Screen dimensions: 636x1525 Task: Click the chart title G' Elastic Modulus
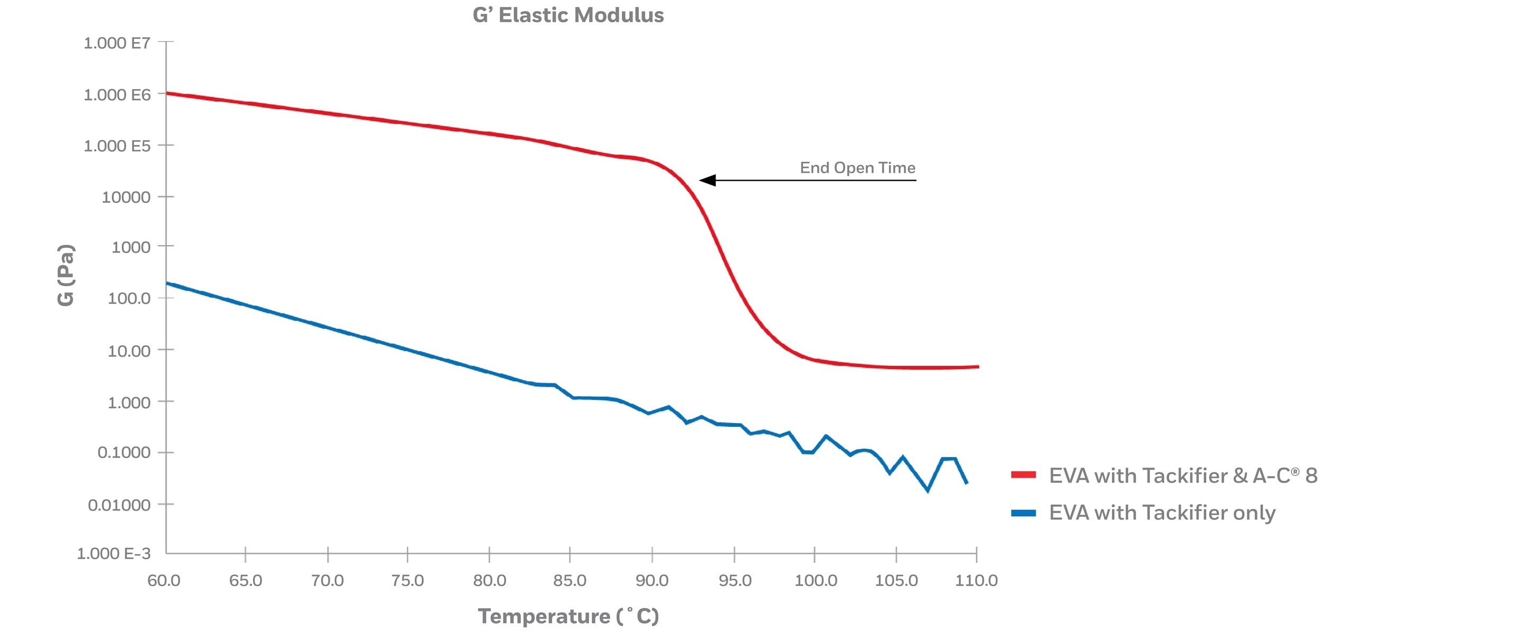pyautogui.click(x=568, y=15)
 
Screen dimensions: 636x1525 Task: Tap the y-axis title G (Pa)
pyautogui.click(x=66, y=275)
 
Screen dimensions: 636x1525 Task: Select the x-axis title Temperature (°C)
pyautogui.click(x=568, y=616)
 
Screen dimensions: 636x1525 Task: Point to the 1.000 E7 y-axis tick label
pyautogui.click(x=117, y=43)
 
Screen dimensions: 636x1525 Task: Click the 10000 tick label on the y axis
pyautogui.click(x=126, y=197)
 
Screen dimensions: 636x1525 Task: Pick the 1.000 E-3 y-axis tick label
pyautogui.click(x=114, y=554)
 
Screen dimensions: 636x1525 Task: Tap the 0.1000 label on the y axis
pyautogui.click(x=124, y=453)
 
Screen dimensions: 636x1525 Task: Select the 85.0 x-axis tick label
pyautogui.click(x=569, y=580)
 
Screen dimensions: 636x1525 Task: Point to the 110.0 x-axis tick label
pyautogui.click(x=976, y=580)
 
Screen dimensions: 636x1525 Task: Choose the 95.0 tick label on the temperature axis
pyautogui.click(x=735, y=580)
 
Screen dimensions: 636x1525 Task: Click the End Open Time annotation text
pyautogui.click(x=857, y=168)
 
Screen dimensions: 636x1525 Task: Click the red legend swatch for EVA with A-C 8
pyautogui.click(x=1023, y=474)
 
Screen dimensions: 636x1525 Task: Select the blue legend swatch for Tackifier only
pyautogui.click(x=1023, y=513)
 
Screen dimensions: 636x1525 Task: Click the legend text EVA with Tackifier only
pyautogui.click(x=1162, y=513)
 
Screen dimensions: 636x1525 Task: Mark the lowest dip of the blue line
pyautogui.click(x=927, y=490)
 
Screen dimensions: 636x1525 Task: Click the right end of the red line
pyautogui.click(x=977, y=367)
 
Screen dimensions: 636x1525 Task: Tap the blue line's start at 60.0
pyautogui.click(x=167, y=283)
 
